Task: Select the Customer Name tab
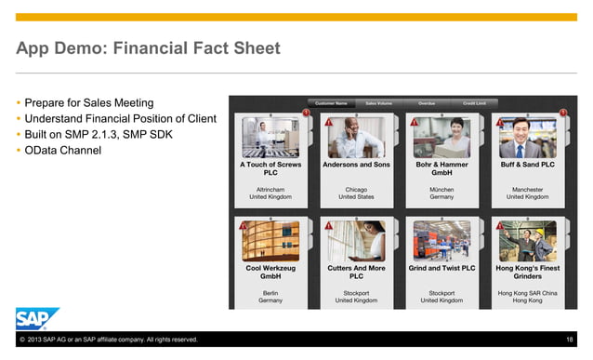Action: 331,102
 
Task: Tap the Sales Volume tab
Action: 377,102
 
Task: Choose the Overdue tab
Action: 426,102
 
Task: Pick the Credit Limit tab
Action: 475,102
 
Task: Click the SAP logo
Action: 37,318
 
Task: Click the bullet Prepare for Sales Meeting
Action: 89,102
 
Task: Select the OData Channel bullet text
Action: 62,150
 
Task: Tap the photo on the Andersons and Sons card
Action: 355,138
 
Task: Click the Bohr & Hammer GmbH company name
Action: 441,169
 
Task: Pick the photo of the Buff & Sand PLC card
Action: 527,138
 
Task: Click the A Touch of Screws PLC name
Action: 270,169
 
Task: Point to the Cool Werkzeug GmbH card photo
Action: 270,240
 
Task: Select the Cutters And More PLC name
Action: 356,272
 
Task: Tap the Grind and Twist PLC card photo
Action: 441,240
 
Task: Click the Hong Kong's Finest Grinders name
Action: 527,272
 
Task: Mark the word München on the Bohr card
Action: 441,188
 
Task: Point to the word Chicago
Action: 356,188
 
